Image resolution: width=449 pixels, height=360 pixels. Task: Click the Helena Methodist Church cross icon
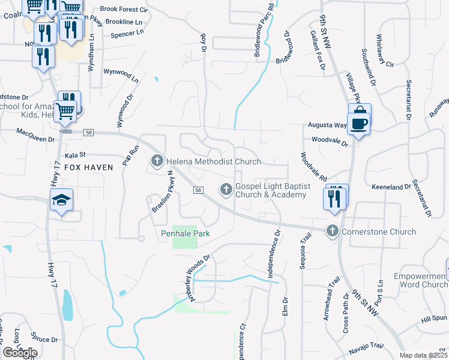pyautogui.click(x=157, y=160)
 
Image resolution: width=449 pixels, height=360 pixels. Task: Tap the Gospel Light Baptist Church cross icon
pyautogui.click(x=226, y=190)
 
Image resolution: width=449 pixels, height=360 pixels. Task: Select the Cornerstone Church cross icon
pyautogui.click(x=333, y=231)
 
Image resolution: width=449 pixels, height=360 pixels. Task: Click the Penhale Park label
pyautogui.click(x=185, y=233)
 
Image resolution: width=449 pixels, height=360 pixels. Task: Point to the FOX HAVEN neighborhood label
pyautogui.click(x=88, y=167)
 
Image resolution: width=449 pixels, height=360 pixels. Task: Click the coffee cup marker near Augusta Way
pyautogui.click(x=359, y=124)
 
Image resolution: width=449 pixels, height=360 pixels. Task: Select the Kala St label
pyautogui.click(x=76, y=154)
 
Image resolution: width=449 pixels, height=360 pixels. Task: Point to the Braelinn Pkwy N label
pyautogui.click(x=159, y=191)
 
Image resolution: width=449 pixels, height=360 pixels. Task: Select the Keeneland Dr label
pyautogui.click(x=390, y=188)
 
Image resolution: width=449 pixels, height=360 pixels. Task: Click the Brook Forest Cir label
pyautogui.click(x=124, y=10)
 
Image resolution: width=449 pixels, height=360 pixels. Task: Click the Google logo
pyautogui.click(x=20, y=353)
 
